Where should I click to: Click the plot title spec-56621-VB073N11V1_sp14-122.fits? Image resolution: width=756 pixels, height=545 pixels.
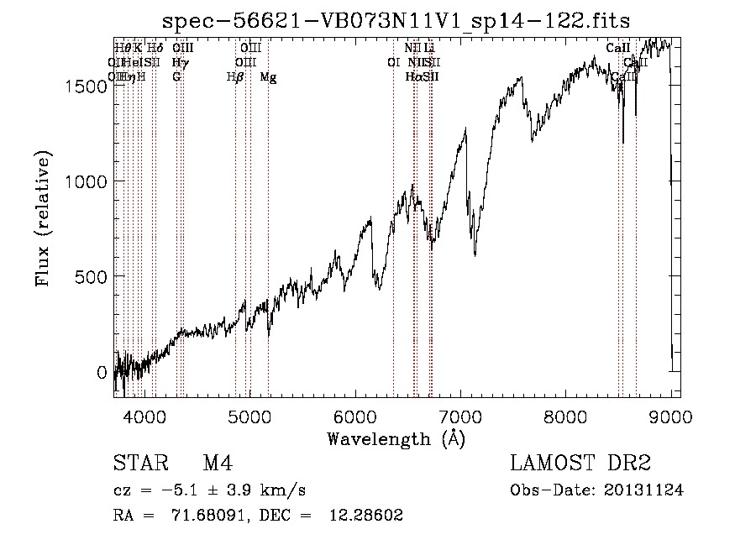396,19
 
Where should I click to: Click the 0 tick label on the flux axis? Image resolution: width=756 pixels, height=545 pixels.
102,372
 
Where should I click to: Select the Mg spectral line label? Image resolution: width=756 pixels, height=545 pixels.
268,77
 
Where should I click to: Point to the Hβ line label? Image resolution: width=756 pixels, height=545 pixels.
235,77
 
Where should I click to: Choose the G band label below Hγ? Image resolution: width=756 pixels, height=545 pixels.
176,77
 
